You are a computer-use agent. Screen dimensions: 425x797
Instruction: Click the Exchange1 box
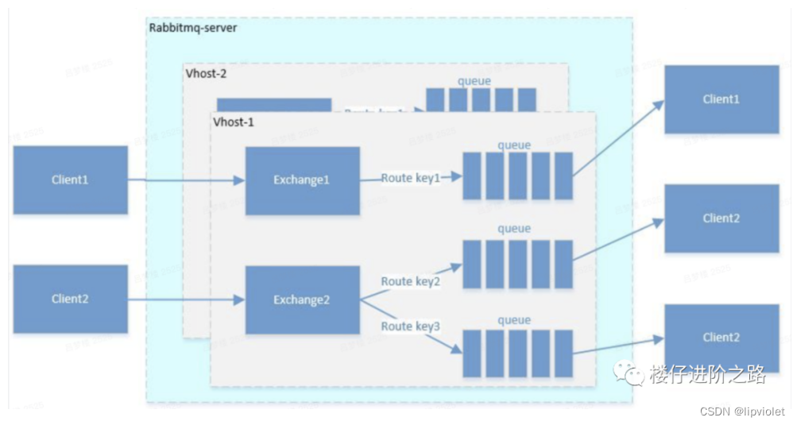click(x=301, y=180)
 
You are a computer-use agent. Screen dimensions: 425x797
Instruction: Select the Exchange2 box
click(x=301, y=300)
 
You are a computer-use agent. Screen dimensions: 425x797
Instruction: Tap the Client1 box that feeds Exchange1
click(x=70, y=180)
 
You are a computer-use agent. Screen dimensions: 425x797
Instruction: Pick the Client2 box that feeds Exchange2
click(x=70, y=299)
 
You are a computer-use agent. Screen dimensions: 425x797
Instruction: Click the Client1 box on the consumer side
click(x=721, y=99)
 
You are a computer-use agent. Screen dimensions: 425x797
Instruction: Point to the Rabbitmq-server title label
click(x=193, y=28)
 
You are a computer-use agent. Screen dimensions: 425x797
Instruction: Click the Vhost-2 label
click(x=205, y=73)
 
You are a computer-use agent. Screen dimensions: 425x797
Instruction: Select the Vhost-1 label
click(x=234, y=123)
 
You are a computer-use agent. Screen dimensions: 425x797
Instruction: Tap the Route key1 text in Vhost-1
click(x=410, y=178)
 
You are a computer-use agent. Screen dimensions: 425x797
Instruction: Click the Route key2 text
click(x=410, y=281)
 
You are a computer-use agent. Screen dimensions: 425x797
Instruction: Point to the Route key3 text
click(x=410, y=326)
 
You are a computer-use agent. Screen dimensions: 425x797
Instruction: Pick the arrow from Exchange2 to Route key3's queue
click(x=413, y=326)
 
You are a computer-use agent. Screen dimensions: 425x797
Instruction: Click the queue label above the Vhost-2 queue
click(x=474, y=81)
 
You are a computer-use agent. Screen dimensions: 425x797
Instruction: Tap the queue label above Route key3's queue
click(x=513, y=319)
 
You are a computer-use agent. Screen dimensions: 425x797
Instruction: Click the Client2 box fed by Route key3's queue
click(x=721, y=338)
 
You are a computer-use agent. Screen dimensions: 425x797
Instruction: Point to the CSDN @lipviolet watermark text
click(x=743, y=411)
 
